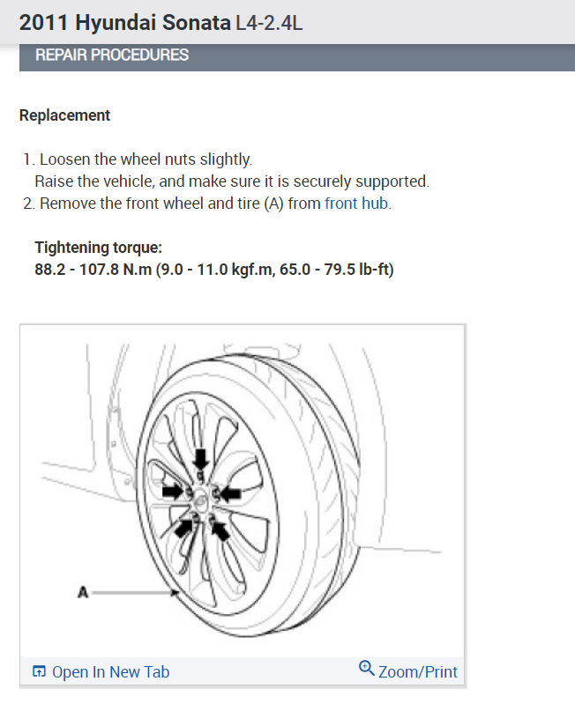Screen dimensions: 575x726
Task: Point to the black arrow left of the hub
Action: [x=171, y=489]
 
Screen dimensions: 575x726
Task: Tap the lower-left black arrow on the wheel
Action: [x=184, y=526]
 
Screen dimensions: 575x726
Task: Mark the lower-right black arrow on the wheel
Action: [x=219, y=530]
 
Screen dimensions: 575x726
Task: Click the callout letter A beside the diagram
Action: [x=83, y=593]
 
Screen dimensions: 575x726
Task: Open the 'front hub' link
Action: [x=357, y=204]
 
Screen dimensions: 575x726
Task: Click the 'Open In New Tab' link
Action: [x=110, y=672]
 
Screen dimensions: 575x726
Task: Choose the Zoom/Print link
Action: [x=417, y=672]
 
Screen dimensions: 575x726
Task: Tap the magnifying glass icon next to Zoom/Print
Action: [x=367, y=669]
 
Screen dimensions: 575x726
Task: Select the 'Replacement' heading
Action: [x=64, y=115]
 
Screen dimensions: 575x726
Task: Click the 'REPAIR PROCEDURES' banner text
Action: [x=112, y=56]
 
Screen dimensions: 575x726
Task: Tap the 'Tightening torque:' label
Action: [x=98, y=248]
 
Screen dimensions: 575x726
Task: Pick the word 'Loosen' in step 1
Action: [x=63, y=159]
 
